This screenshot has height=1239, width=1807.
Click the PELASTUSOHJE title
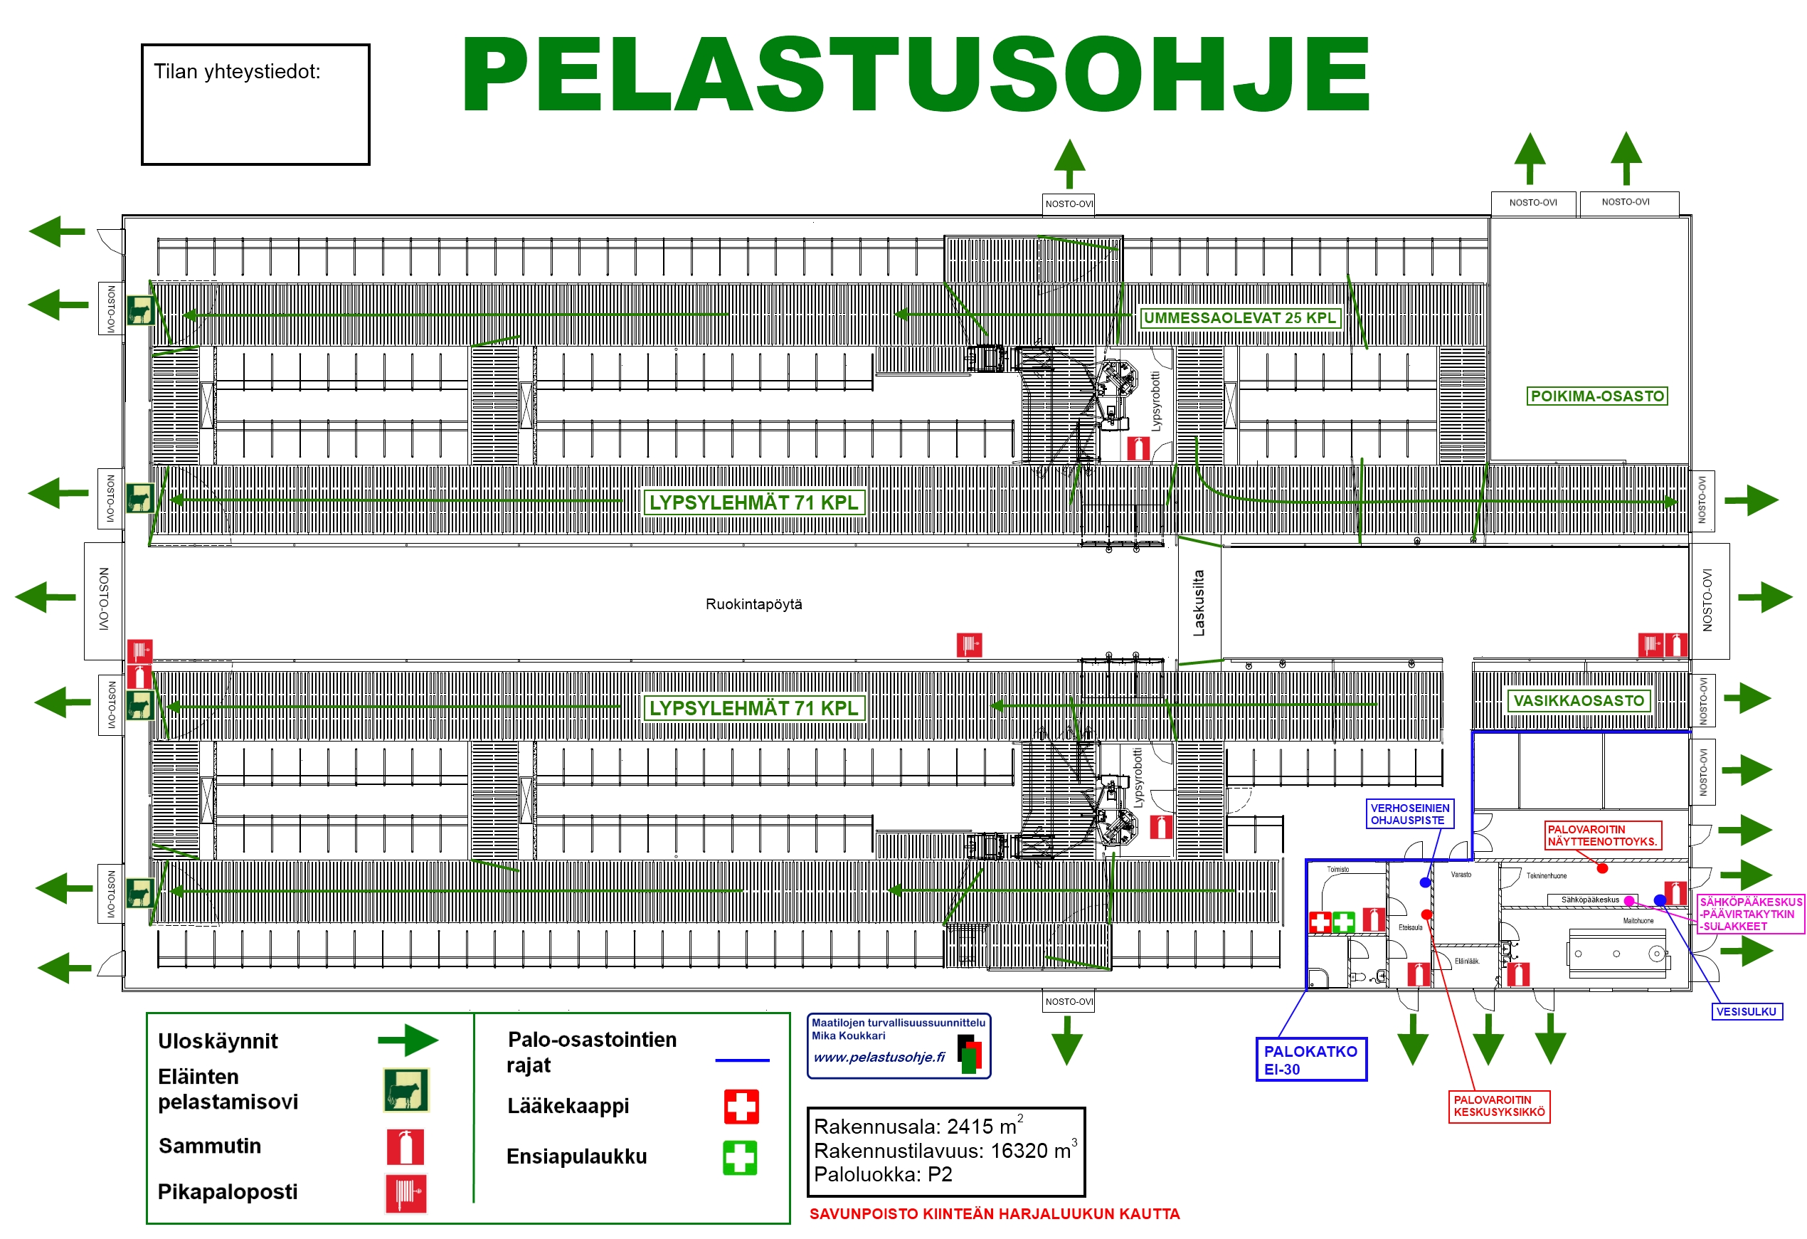coord(915,75)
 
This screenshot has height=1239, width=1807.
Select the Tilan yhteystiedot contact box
coord(255,104)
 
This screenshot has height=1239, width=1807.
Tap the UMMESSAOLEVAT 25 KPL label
coord(1239,317)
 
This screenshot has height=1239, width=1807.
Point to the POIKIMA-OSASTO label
coord(1597,396)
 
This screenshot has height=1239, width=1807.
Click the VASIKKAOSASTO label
coord(1579,701)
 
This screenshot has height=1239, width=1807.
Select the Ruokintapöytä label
coord(753,604)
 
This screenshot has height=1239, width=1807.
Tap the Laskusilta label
coord(1198,603)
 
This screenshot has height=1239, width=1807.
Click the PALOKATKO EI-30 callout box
coord(1311,1060)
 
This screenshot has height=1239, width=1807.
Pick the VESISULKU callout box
coord(1747,1011)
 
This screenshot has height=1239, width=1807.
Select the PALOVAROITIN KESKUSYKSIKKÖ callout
coord(1499,1106)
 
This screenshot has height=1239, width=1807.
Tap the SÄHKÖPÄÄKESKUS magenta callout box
coord(1750,914)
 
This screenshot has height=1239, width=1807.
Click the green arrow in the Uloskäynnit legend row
coord(408,1040)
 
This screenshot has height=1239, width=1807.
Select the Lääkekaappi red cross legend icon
coord(741,1106)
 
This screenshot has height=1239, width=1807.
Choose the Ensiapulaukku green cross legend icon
coord(739,1157)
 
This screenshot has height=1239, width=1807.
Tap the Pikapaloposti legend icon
coord(406,1193)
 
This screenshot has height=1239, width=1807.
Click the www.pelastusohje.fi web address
coord(879,1057)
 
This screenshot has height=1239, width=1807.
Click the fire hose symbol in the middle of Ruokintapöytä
coord(969,645)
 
